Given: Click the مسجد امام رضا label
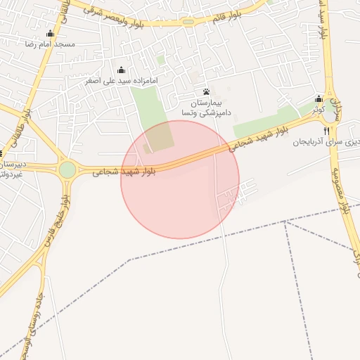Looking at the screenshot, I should point(50,44).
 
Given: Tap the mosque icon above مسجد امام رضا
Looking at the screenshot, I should point(50,34).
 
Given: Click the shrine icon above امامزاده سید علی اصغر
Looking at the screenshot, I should point(121,70).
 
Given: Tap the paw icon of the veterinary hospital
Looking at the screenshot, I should point(206,92).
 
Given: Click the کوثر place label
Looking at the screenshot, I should point(319,110).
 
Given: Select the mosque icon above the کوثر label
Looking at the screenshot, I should point(319,99).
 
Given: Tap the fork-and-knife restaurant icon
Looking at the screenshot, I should point(327,131).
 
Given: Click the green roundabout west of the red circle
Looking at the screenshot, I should point(67,169).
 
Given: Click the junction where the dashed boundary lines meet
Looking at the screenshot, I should point(285,221).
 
